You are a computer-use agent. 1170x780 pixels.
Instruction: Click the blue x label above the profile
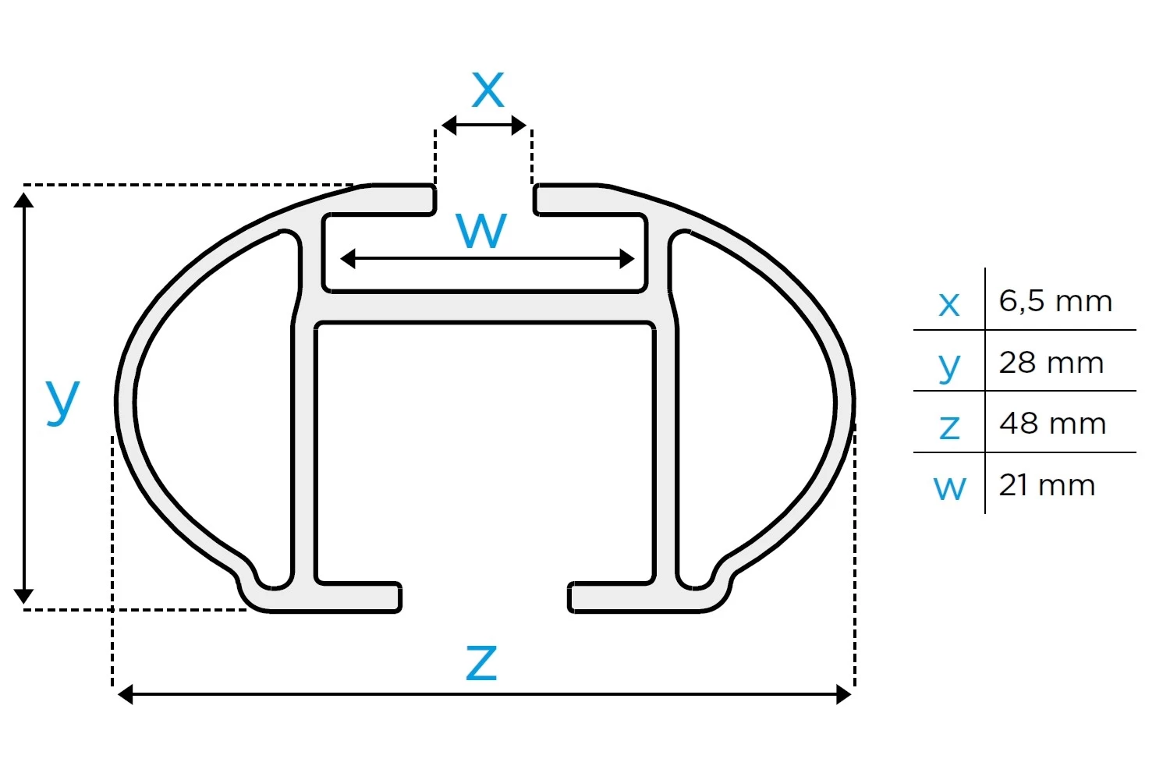pyautogui.click(x=487, y=90)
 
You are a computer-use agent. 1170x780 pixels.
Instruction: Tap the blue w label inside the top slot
pyautogui.click(x=481, y=230)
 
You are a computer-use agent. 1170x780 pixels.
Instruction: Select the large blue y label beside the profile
pyautogui.click(x=62, y=401)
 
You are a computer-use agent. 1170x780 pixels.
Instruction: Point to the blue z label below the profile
pyautogui.click(x=481, y=663)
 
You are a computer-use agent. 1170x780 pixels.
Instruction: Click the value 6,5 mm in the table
pyautogui.click(x=1055, y=301)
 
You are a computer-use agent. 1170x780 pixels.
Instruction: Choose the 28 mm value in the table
pyautogui.click(x=1051, y=363)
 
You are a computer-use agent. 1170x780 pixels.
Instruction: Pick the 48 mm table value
pyautogui.click(x=1052, y=424)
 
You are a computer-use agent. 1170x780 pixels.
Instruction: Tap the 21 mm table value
pyautogui.click(x=1047, y=485)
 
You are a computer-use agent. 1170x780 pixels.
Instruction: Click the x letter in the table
pyautogui.click(x=949, y=304)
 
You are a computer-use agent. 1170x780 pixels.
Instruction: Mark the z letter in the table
pyautogui.click(x=949, y=427)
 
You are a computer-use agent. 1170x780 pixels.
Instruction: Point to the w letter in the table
pyautogui.click(x=949, y=488)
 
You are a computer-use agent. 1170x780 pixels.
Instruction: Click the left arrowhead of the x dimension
pyautogui.click(x=448, y=126)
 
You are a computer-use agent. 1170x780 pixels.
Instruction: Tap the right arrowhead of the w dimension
pyautogui.click(x=627, y=259)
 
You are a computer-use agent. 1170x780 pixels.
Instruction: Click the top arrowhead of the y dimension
pyautogui.click(x=23, y=200)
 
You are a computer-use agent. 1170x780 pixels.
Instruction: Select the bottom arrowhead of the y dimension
pyautogui.click(x=23, y=596)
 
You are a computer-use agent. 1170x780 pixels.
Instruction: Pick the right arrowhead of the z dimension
pyautogui.click(x=843, y=695)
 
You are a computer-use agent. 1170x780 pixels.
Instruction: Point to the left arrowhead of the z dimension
pyautogui.click(x=126, y=695)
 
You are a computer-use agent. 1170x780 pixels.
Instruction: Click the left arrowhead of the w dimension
pyautogui.click(x=347, y=259)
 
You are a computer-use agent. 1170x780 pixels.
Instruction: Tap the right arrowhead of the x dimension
pyautogui.click(x=519, y=126)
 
